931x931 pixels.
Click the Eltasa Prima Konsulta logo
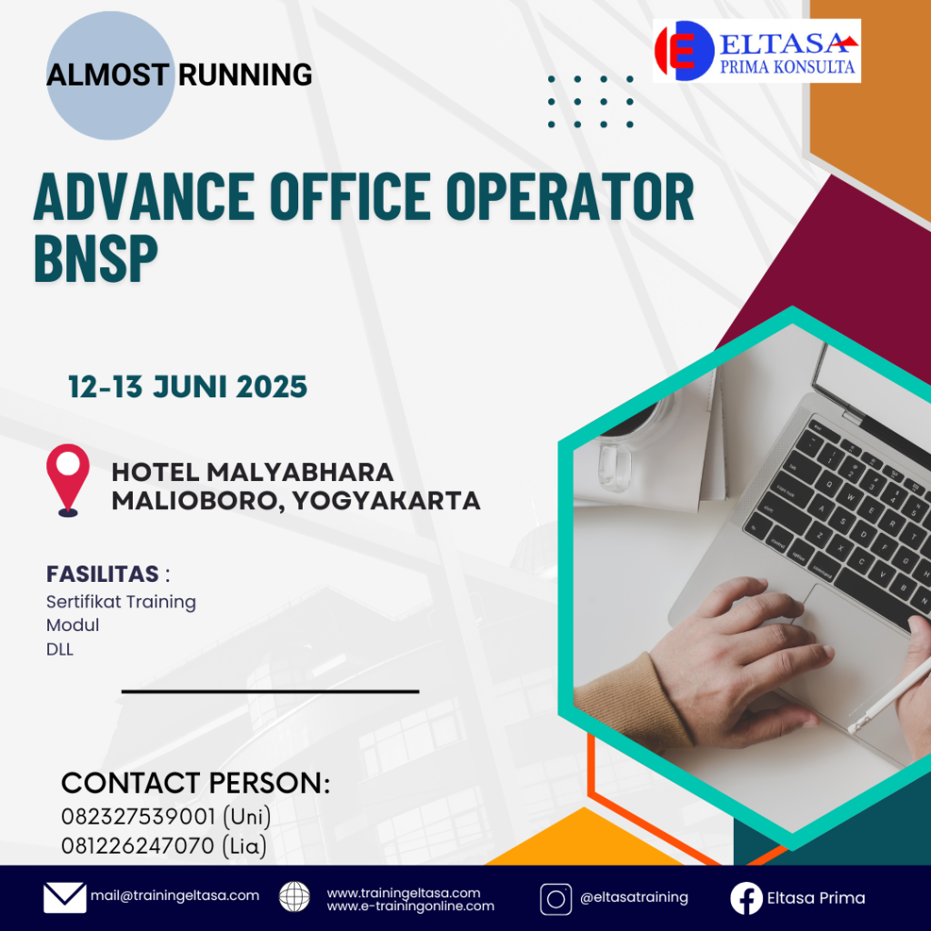(756, 51)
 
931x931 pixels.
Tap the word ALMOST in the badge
(108, 75)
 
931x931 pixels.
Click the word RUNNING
(245, 75)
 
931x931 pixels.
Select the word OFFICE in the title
(350, 196)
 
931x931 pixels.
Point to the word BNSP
(96, 257)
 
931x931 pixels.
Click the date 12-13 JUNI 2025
(187, 386)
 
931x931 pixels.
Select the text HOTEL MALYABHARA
(253, 473)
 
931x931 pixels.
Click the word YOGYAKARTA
(385, 501)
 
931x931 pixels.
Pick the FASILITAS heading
(103, 575)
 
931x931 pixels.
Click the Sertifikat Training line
(121, 602)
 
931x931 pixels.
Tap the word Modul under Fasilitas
(73, 626)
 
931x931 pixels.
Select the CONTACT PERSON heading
(195, 783)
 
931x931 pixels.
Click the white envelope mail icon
(65, 897)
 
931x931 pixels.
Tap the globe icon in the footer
(295, 896)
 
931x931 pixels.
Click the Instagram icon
(556, 899)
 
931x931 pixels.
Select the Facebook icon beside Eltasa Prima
(746, 898)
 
